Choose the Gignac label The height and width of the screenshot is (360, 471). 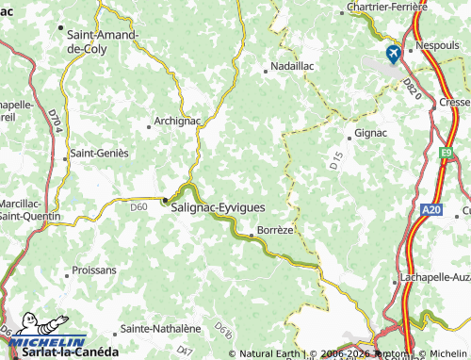point(371,134)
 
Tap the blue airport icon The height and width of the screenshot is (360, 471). point(392,55)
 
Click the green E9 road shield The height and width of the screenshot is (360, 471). point(447,152)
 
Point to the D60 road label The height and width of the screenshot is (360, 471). point(138,206)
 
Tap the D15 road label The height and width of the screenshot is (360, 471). point(336,160)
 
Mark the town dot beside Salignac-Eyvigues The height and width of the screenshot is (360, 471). point(165,200)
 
